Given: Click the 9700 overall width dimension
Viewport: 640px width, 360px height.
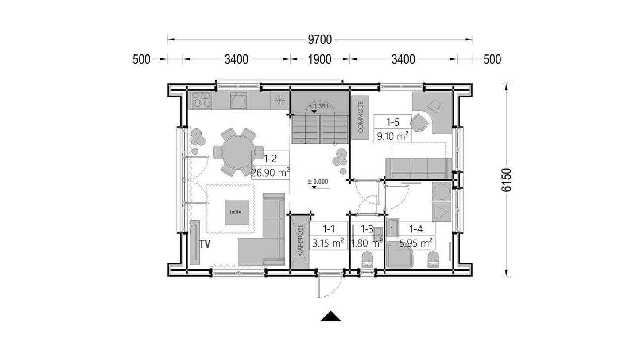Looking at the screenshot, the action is point(320,40).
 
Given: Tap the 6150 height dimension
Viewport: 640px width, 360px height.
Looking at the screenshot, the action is point(506,180).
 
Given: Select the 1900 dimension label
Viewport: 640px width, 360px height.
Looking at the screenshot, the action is point(320,59).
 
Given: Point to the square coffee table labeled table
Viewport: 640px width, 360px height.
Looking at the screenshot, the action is point(237,212).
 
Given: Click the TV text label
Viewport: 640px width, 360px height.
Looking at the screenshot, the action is point(205,244).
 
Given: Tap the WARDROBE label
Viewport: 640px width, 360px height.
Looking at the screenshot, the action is point(300,240).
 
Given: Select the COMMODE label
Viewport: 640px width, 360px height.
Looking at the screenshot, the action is point(360,117).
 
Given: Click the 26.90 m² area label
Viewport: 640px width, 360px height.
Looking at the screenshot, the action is point(270,173).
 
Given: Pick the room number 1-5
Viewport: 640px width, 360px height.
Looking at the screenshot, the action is point(393,122).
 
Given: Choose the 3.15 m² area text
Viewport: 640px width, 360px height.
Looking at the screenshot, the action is point(328,243).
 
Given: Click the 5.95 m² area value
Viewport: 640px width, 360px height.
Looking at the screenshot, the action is point(416,243).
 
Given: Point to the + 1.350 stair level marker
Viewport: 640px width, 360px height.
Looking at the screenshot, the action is point(318,107).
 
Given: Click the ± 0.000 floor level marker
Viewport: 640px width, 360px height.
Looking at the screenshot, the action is point(318,182).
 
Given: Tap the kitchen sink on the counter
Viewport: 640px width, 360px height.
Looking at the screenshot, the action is point(238,101).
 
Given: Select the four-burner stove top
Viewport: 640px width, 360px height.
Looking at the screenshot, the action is point(202,100).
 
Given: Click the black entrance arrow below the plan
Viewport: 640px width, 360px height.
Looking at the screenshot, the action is point(330,316).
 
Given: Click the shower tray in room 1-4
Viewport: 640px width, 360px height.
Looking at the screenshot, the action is point(400,255).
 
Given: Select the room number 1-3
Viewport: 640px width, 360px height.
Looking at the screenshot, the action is point(367,229).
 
